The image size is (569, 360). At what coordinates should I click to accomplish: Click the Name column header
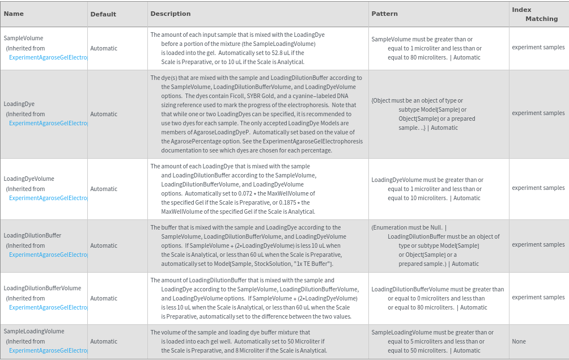[14, 14]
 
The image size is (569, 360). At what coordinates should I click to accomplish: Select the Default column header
[103, 14]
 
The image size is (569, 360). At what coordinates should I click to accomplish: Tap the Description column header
[171, 14]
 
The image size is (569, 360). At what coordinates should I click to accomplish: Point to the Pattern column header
[385, 14]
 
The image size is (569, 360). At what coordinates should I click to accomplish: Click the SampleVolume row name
[23, 38]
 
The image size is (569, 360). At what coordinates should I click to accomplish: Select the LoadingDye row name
[19, 104]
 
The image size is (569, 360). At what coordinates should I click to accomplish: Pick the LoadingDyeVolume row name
[29, 179]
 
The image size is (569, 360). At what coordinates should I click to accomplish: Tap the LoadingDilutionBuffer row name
[32, 235]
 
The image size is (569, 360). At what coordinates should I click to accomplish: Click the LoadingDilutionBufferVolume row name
[43, 288]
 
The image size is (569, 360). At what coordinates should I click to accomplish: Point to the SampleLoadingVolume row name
[34, 331]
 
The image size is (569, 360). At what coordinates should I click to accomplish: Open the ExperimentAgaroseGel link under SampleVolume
[48, 57]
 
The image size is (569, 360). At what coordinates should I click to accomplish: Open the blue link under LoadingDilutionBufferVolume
[48, 307]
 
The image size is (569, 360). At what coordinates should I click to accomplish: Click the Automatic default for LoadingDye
[104, 114]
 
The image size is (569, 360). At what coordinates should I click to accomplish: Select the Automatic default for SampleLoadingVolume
[104, 341]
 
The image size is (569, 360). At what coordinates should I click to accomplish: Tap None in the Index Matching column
[519, 341]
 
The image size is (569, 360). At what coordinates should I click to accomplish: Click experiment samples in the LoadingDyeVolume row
[538, 188]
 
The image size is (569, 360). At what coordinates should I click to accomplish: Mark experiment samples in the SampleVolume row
[538, 47]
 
